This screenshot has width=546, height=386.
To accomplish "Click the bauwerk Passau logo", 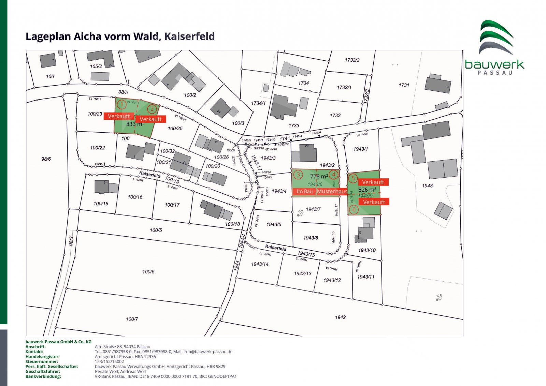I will [494, 48].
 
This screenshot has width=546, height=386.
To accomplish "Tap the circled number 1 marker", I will [121, 104].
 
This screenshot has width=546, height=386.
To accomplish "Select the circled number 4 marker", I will [334, 175].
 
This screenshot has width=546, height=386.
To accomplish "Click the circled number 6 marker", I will [354, 209].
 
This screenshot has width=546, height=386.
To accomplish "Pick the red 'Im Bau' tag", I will [304, 192].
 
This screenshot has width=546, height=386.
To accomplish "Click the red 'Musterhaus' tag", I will [332, 192].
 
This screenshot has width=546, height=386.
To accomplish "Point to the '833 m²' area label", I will [135, 124].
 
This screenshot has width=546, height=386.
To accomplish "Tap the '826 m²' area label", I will [367, 190].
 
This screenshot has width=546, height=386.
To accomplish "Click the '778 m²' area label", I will [319, 176].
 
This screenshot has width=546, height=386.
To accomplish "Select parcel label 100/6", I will [148, 272].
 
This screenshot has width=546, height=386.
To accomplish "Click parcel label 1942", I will [340, 317].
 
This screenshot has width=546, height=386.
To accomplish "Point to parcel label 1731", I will [404, 85].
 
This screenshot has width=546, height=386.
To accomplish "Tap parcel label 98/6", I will [46, 159].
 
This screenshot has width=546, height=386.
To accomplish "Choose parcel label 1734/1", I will [258, 103].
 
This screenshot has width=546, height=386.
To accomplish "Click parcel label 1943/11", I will [366, 277].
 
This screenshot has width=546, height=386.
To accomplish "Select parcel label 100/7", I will [132, 319].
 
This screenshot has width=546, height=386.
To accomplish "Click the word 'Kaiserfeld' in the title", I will [189, 36].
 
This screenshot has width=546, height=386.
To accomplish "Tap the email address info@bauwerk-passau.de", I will [208, 352].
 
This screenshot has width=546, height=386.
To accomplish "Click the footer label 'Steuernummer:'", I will [42, 361].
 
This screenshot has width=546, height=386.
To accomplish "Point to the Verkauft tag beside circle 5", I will [373, 182].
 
